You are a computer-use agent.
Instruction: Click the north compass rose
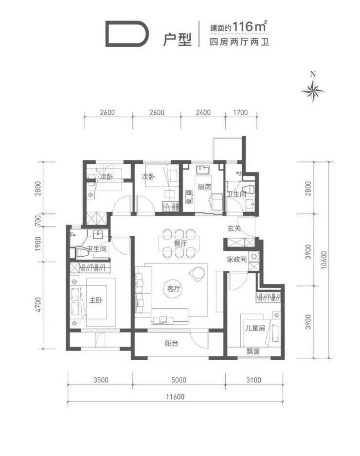[x=312, y=90]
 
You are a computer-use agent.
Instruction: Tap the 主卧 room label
[x=95, y=300]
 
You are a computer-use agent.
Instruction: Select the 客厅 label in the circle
[x=174, y=289]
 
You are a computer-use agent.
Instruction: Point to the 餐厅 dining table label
[x=180, y=243]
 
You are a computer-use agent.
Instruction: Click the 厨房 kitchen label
[x=204, y=186]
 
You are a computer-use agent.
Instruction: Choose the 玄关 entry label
[x=234, y=228]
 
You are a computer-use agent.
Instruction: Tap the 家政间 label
[x=236, y=259]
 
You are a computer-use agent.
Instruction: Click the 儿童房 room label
[x=255, y=328]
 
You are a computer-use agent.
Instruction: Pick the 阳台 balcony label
[x=171, y=343]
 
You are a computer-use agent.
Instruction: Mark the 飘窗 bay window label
[x=253, y=351]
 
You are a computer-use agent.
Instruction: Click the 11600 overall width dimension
[x=175, y=397]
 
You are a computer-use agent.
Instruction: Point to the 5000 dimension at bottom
[x=179, y=380]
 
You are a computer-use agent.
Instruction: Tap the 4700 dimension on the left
[x=38, y=305]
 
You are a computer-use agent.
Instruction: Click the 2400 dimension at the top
[x=203, y=112]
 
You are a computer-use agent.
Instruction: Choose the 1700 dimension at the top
[x=240, y=112]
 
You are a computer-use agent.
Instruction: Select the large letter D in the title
[x=127, y=34]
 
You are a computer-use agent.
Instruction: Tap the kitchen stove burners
[x=189, y=196]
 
